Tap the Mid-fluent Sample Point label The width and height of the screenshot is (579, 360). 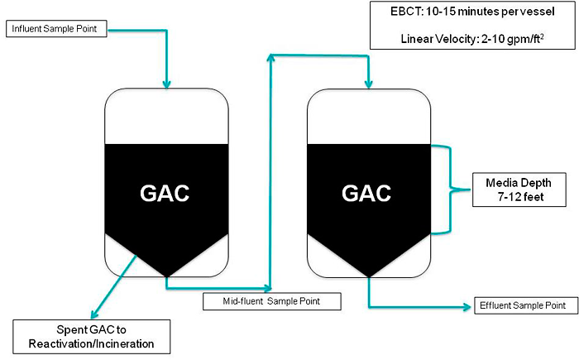[272, 300]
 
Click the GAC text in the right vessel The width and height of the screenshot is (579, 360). [367, 193]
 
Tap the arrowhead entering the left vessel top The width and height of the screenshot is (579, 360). [166, 83]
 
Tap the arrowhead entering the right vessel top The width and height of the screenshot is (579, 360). [367, 84]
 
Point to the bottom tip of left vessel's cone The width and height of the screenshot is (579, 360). [166, 276]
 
